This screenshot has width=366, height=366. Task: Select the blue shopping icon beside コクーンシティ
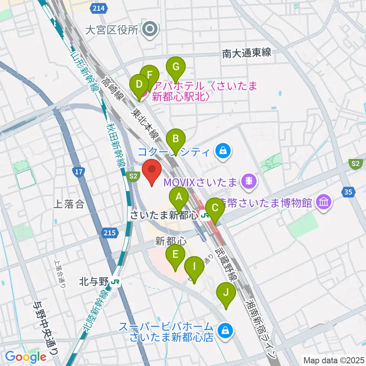click(222, 152)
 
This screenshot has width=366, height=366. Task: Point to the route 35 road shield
click(348, 192)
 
